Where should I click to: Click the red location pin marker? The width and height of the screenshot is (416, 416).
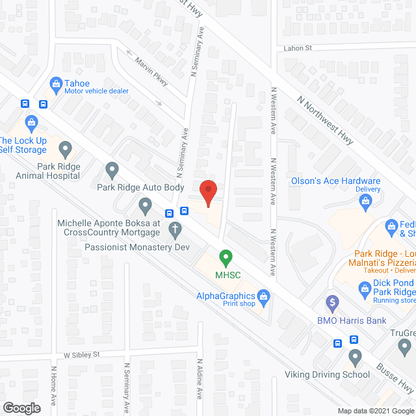pyautogui.click(x=207, y=192)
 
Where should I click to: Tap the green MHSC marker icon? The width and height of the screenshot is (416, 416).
pyautogui.click(x=225, y=257)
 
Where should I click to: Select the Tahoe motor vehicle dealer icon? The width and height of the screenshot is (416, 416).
pyautogui.click(x=57, y=84)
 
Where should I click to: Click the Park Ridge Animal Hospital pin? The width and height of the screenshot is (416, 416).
pyautogui.click(x=64, y=151)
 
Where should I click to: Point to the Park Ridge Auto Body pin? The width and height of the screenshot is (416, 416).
pyautogui.click(x=112, y=171)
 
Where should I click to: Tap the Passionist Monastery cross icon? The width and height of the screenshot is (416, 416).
pyautogui.click(x=174, y=229)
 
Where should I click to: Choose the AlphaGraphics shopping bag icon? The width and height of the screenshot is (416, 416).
pyautogui.click(x=263, y=298)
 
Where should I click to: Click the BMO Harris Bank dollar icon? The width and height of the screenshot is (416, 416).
pyautogui.click(x=333, y=303)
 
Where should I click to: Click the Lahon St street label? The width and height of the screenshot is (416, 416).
pyautogui.click(x=298, y=48)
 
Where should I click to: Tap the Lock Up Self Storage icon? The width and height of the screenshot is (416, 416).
pyautogui.click(x=31, y=122)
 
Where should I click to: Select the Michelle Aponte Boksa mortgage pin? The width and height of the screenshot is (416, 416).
pyautogui.click(x=145, y=207)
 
